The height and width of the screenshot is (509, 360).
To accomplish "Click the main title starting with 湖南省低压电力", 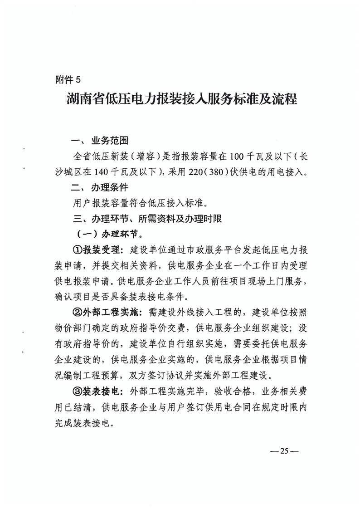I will pyautogui.click(x=180, y=99).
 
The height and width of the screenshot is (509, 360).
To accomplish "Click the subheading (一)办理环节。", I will pyautogui.click(x=105, y=235).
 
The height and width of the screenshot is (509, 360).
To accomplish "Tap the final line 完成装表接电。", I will pyautogui.click(x=82, y=423).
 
